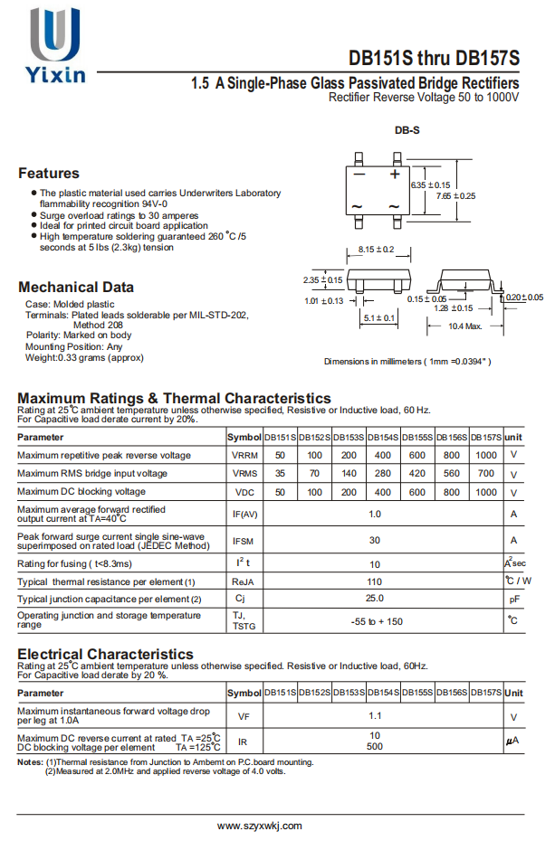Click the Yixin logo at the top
pyautogui.click(x=56, y=46)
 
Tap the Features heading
pyautogui.click(x=49, y=173)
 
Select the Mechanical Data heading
pyautogui.click(x=76, y=288)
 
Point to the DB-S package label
pyautogui.click(x=407, y=130)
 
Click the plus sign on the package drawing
pyautogui.click(x=395, y=173)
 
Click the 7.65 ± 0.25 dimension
pyautogui.click(x=455, y=195)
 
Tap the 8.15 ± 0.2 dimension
pyautogui.click(x=376, y=249)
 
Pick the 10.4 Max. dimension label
pyautogui.click(x=464, y=326)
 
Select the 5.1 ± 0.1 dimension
pyautogui.click(x=378, y=317)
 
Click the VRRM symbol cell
pyautogui.click(x=244, y=455)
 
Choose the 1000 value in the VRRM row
pyautogui.click(x=486, y=455)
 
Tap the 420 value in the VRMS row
pyautogui.click(x=417, y=473)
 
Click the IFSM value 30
pyautogui.click(x=375, y=540)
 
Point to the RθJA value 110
pyautogui.click(x=375, y=581)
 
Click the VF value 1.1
pyautogui.click(x=375, y=714)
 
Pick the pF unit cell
pyautogui.click(x=513, y=599)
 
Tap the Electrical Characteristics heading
pyautogui.click(x=105, y=653)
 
